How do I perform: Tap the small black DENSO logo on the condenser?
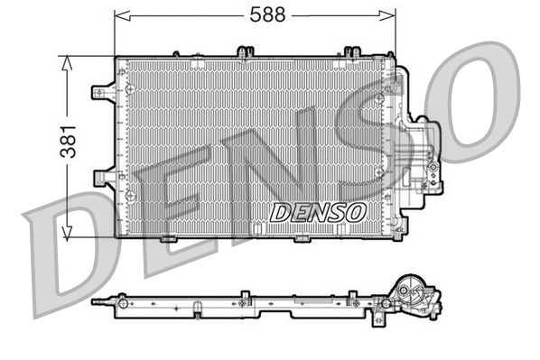[319, 212]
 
